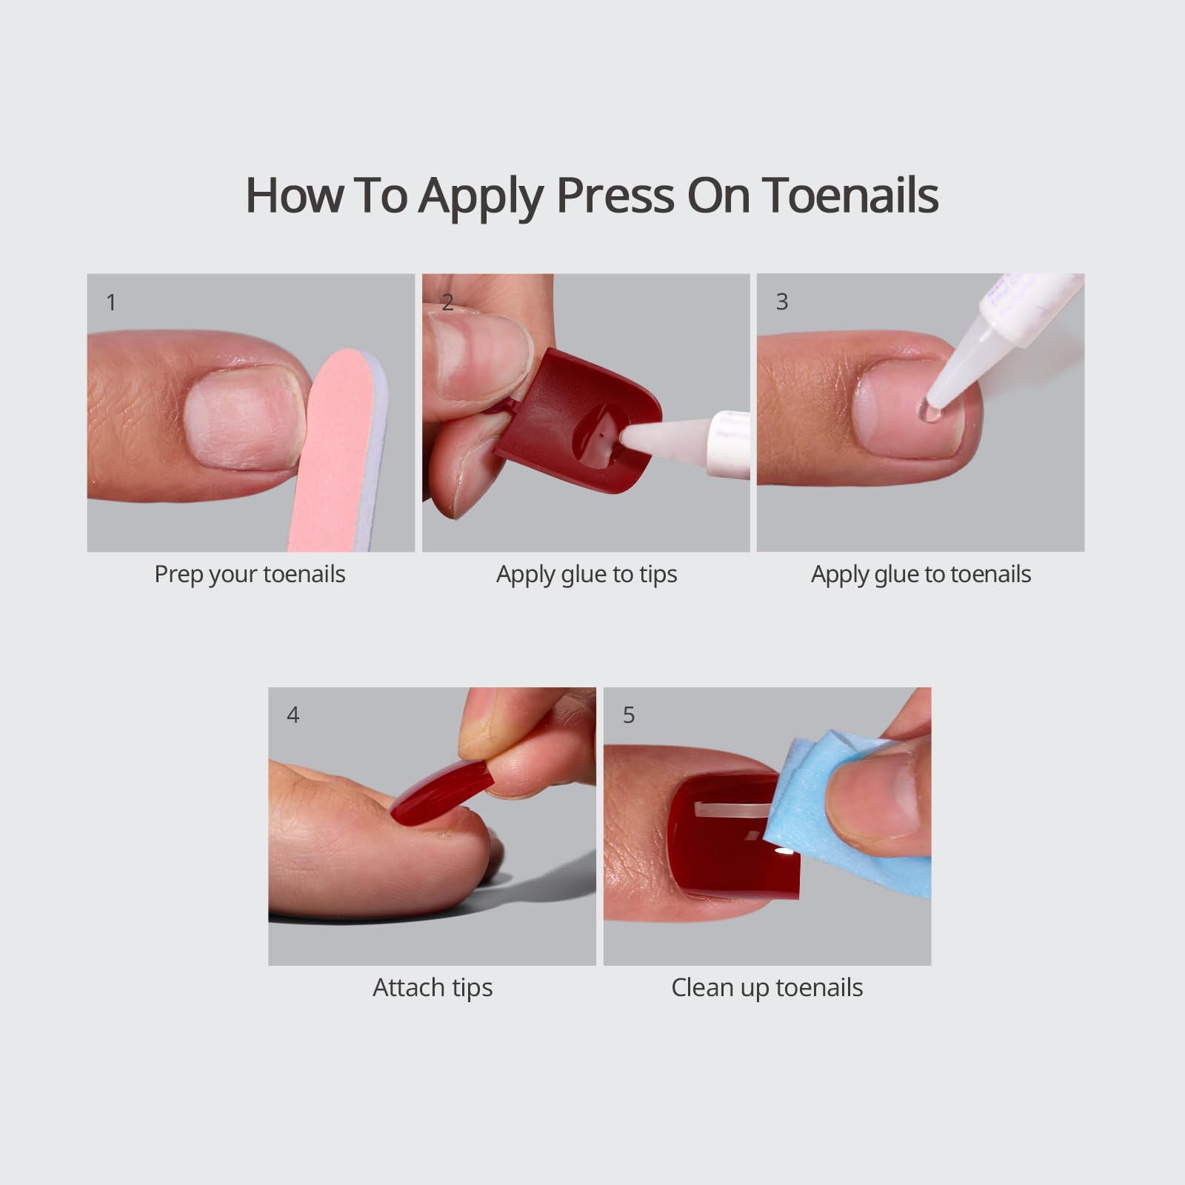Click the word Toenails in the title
[849, 196]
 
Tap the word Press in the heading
[615, 196]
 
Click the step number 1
[111, 302]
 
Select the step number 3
[782, 301]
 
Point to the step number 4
[293, 715]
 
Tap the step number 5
[629, 715]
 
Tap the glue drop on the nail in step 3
[928, 412]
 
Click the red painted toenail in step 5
[722, 841]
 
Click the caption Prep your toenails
[250, 575]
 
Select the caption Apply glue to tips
[587, 575]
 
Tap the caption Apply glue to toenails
[921, 575]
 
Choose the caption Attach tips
[433, 988]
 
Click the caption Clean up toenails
[767, 988]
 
